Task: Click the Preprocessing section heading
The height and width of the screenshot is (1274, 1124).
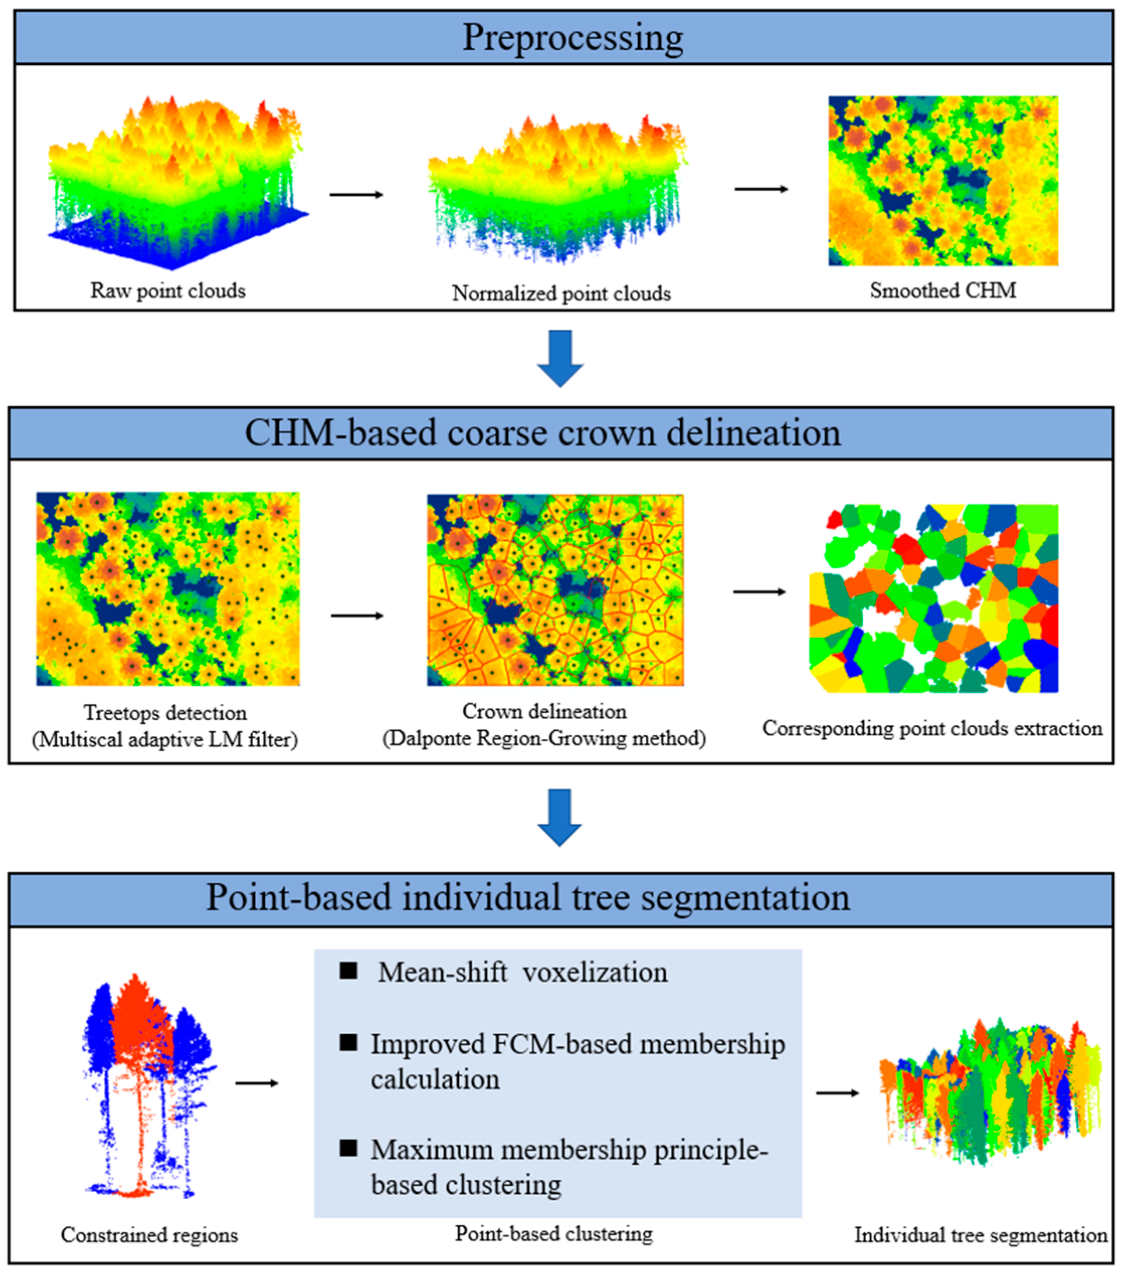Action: (x=572, y=37)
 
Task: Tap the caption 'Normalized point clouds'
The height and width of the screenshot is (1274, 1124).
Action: (x=561, y=293)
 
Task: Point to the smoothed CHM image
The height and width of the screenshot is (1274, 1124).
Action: (x=943, y=181)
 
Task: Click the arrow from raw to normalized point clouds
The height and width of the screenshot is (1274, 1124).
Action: (x=356, y=195)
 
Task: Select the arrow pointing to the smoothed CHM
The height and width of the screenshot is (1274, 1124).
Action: (x=761, y=189)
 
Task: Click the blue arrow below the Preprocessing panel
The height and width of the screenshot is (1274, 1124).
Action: (x=560, y=358)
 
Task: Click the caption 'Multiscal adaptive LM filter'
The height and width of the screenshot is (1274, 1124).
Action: (x=165, y=740)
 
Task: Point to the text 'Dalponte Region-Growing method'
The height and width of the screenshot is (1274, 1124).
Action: (x=544, y=739)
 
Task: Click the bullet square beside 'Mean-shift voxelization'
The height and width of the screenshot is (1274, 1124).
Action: (x=348, y=970)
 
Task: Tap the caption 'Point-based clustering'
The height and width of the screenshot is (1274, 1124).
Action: (x=553, y=1233)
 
